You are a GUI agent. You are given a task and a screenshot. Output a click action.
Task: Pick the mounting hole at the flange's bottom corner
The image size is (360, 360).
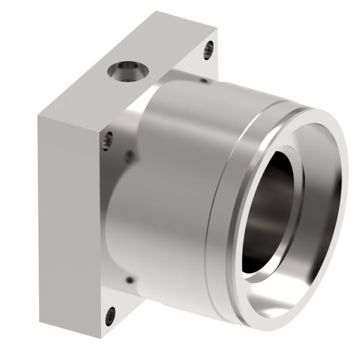pyautogui.click(x=110, y=314)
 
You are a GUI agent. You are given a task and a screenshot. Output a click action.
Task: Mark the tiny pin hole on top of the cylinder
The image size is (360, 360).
pyautogui.click(x=205, y=79)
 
